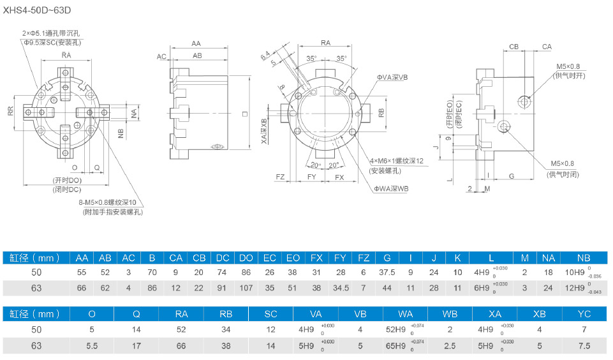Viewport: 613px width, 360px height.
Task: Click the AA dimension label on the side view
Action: (x=196, y=43)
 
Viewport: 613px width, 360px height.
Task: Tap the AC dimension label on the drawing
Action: (x=162, y=57)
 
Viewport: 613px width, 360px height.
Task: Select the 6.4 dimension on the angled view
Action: (x=265, y=57)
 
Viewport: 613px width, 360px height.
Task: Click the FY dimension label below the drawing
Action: (x=312, y=176)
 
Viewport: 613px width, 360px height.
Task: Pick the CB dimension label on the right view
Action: (x=514, y=47)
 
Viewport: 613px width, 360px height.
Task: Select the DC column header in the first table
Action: (x=223, y=258)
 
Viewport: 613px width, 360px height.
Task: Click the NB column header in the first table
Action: (x=583, y=258)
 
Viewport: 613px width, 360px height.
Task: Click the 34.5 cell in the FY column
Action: (x=340, y=288)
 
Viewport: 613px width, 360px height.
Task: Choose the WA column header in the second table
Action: (x=406, y=314)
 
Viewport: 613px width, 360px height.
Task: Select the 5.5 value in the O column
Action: (x=92, y=345)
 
